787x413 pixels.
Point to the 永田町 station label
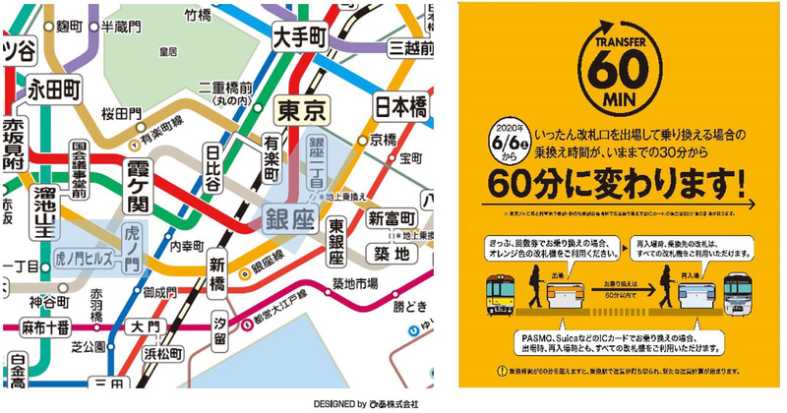click(54, 88)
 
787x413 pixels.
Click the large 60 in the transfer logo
click(619, 73)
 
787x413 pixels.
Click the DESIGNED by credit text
click(366, 404)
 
